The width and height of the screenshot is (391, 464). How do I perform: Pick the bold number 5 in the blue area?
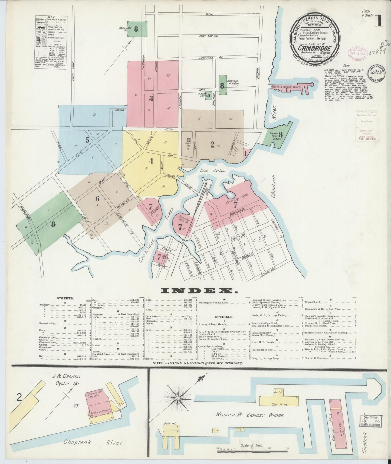[87, 140]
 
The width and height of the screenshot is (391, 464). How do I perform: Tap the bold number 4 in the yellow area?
[151, 161]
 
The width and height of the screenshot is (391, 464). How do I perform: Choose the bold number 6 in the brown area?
[97, 198]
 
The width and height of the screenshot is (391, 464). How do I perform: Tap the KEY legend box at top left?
[51, 43]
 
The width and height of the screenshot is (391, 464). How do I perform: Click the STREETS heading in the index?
[65, 298]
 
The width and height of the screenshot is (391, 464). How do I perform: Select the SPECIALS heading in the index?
[224, 317]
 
